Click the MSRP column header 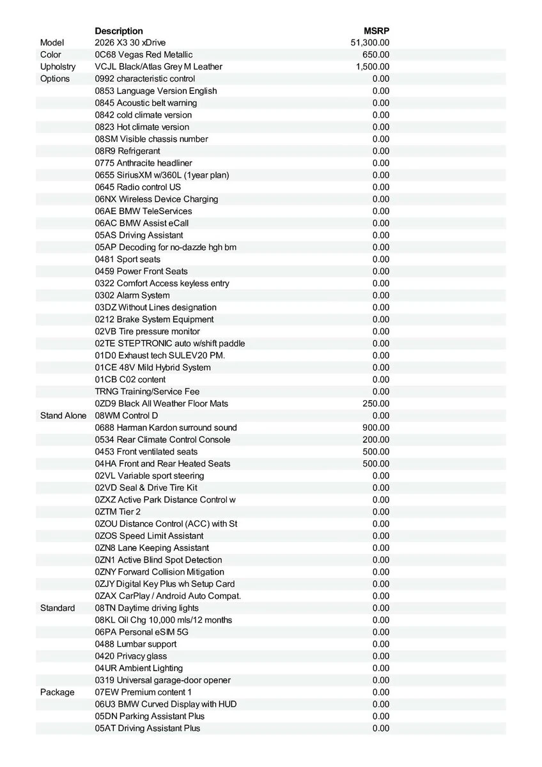pyautogui.click(x=376, y=31)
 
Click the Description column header pyautogui.click(x=119, y=31)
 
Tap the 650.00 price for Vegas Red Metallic pyautogui.click(x=376, y=55)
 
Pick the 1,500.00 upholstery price pyautogui.click(x=373, y=66)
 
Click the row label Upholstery pyautogui.click(x=58, y=66)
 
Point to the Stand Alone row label pyautogui.click(x=63, y=415)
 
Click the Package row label pyautogui.click(x=57, y=692)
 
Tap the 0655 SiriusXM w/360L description pyautogui.click(x=162, y=175)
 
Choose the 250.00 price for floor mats pyautogui.click(x=376, y=403)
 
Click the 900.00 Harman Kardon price pyautogui.click(x=376, y=428)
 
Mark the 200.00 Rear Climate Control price pyautogui.click(x=376, y=440)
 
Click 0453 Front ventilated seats pyautogui.click(x=146, y=451)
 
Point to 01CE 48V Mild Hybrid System pyautogui.click(x=153, y=368)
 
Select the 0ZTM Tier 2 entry pyautogui.click(x=118, y=511)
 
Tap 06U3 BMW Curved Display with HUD pyautogui.click(x=166, y=704)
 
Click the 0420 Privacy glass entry pyautogui.click(x=131, y=656)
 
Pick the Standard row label pyautogui.click(x=58, y=608)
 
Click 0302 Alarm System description pyautogui.click(x=132, y=295)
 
